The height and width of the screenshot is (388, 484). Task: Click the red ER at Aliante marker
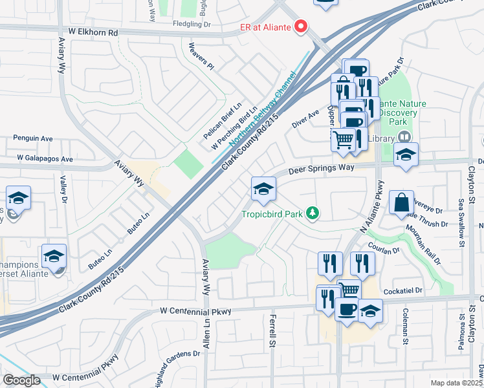(300, 27)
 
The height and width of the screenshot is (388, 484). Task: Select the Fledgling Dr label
(192, 24)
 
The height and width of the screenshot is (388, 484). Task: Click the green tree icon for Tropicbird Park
(313, 213)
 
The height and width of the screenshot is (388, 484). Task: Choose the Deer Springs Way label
(322, 169)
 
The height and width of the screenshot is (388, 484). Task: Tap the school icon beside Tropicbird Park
(263, 189)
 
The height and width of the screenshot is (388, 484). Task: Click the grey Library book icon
(404, 136)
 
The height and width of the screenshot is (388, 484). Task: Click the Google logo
(21, 380)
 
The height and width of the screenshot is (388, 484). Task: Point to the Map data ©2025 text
(457, 383)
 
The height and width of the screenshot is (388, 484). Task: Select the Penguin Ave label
(33, 138)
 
